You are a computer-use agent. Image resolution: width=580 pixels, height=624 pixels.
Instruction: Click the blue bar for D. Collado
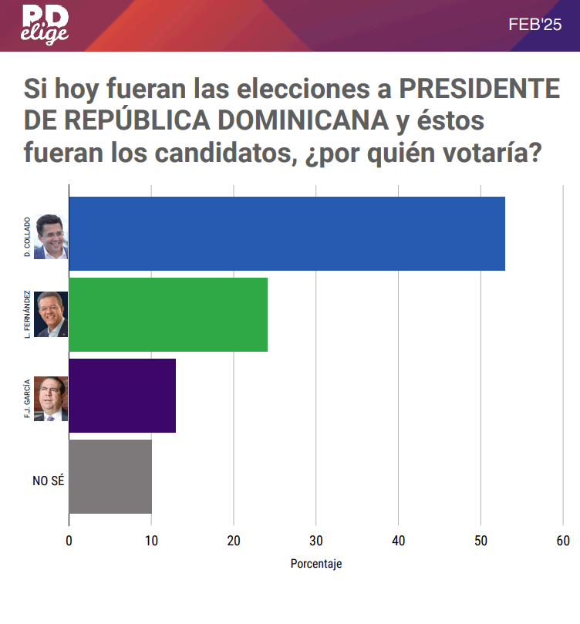[x=286, y=234]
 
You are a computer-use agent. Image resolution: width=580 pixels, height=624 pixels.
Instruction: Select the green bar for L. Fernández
[x=168, y=315]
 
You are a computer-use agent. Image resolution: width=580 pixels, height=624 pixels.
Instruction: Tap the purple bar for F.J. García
[x=122, y=396]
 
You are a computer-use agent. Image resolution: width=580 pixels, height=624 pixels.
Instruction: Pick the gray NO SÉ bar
[x=110, y=477]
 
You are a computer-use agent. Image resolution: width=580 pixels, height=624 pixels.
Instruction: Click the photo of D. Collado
[x=51, y=236]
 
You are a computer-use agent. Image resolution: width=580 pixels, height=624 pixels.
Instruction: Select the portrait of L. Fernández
[x=51, y=314]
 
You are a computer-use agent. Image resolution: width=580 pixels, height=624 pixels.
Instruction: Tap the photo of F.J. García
[x=51, y=398]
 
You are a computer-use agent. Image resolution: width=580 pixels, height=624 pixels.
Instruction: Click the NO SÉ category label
[x=48, y=481]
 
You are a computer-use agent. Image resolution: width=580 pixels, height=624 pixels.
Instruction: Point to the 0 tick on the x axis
[x=69, y=541]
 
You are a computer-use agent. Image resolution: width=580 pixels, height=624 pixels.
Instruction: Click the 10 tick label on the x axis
[x=151, y=541]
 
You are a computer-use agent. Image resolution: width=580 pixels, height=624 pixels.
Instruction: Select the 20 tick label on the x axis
[x=234, y=541]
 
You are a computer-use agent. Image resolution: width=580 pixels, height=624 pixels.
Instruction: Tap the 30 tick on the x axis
[x=315, y=541]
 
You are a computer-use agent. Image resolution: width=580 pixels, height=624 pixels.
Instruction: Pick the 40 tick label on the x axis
[x=398, y=541]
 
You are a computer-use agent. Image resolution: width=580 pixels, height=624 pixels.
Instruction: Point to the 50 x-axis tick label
[x=481, y=541]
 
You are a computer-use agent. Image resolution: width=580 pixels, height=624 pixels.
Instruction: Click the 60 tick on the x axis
[x=562, y=541]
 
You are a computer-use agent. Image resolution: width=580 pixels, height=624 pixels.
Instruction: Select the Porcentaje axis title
[x=315, y=564]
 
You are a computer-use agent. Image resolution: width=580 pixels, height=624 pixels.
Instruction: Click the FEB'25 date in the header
[x=535, y=25]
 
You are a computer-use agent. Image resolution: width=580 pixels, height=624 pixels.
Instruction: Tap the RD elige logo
[x=45, y=25]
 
